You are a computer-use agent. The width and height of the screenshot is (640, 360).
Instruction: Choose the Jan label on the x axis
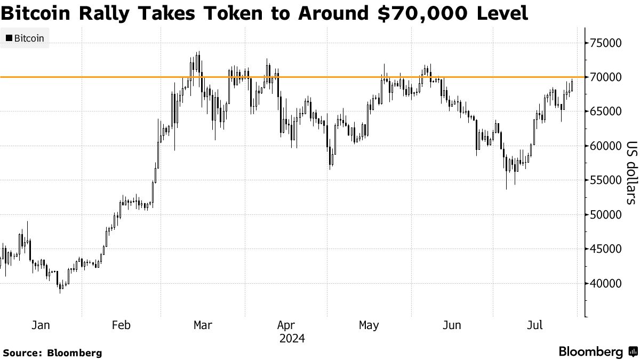(41, 325)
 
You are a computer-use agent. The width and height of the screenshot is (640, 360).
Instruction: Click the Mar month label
(203, 325)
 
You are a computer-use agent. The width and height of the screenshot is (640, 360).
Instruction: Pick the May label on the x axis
(369, 325)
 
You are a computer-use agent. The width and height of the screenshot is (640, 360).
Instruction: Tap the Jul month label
(535, 325)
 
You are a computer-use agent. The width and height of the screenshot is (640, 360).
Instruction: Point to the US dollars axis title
(631, 172)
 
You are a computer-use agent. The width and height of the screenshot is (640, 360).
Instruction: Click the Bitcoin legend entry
(29, 38)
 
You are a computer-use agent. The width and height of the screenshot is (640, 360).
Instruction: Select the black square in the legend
(9, 38)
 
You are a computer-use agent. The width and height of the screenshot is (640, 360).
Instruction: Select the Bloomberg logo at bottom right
(597, 351)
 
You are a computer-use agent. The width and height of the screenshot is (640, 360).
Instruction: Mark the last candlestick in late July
(572, 85)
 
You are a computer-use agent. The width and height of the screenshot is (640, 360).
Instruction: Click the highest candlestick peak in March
(198, 53)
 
